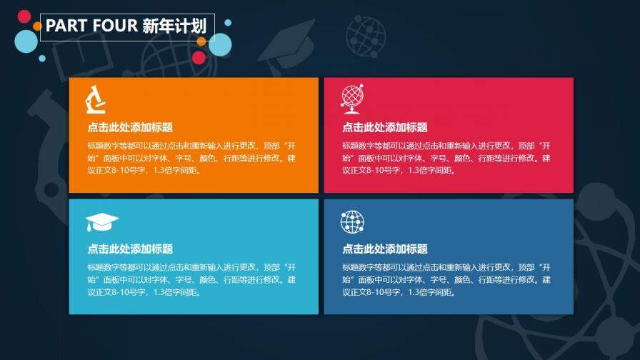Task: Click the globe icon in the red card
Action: (351, 99)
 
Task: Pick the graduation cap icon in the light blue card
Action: (101, 222)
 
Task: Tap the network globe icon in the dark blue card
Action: (352, 222)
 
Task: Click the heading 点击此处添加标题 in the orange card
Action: (130, 127)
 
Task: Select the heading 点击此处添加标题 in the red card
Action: (385, 127)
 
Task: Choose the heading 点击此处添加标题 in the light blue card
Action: (130, 249)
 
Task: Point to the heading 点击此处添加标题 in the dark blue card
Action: (385, 249)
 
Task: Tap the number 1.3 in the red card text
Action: (416, 171)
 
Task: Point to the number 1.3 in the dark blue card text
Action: (416, 292)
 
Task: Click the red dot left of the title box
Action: (24, 16)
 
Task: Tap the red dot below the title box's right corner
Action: (199, 57)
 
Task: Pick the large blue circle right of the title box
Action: (221, 44)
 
